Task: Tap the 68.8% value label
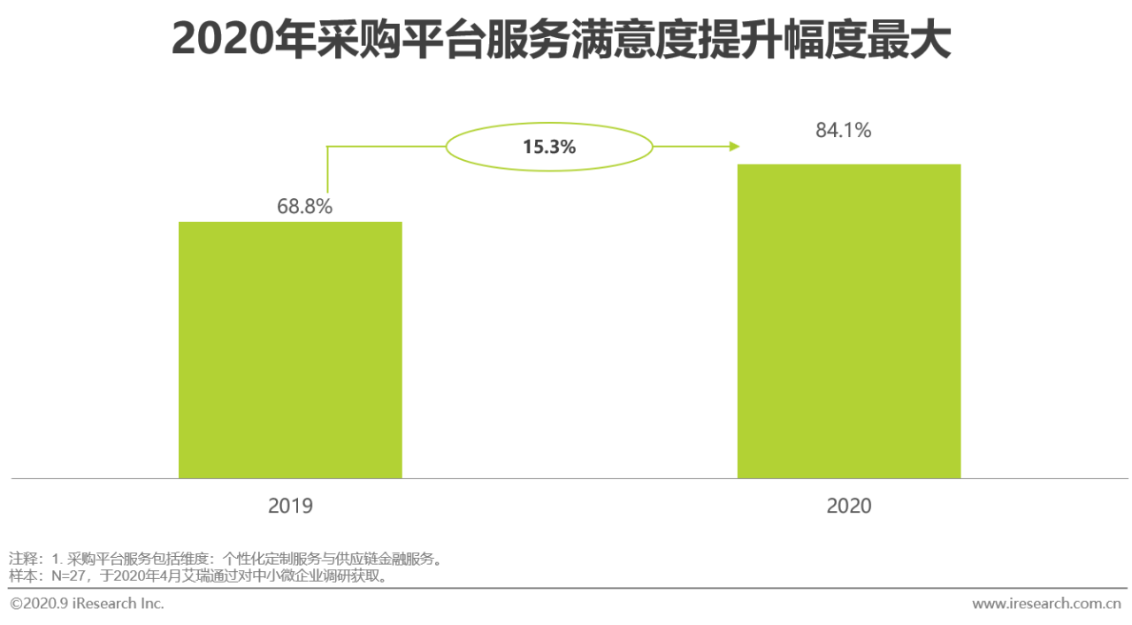pos(304,207)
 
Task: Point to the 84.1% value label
pos(843,131)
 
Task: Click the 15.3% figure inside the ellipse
pos(548,147)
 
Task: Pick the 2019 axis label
pos(290,506)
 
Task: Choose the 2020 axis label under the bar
pos(849,506)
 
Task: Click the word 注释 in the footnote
pos(22,559)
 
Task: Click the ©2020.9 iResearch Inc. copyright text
pos(87,604)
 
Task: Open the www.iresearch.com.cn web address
pos(1046,604)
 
